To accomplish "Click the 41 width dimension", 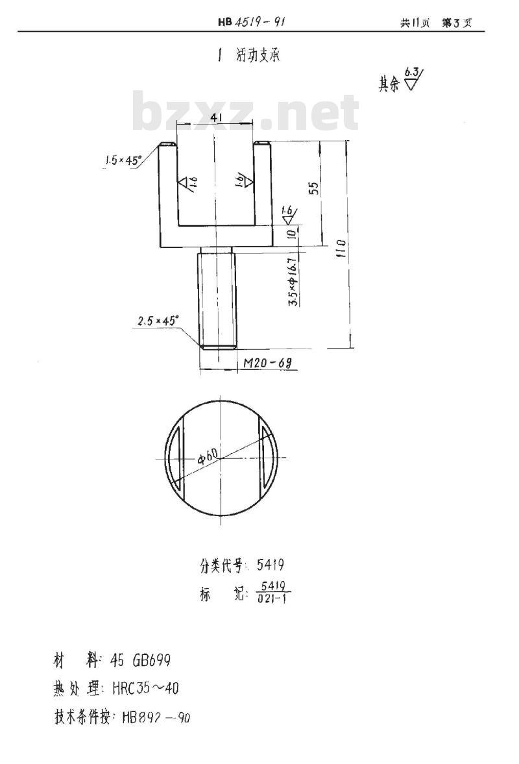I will (x=217, y=117).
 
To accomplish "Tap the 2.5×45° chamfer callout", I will (x=157, y=321).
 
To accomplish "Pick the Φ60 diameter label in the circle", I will (x=208, y=456).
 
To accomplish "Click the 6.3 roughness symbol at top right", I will (x=413, y=78).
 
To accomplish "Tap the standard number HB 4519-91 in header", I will (x=252, y=22).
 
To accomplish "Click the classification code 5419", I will (x=271, y=565).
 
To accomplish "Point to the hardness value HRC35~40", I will (x=149, y=688).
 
